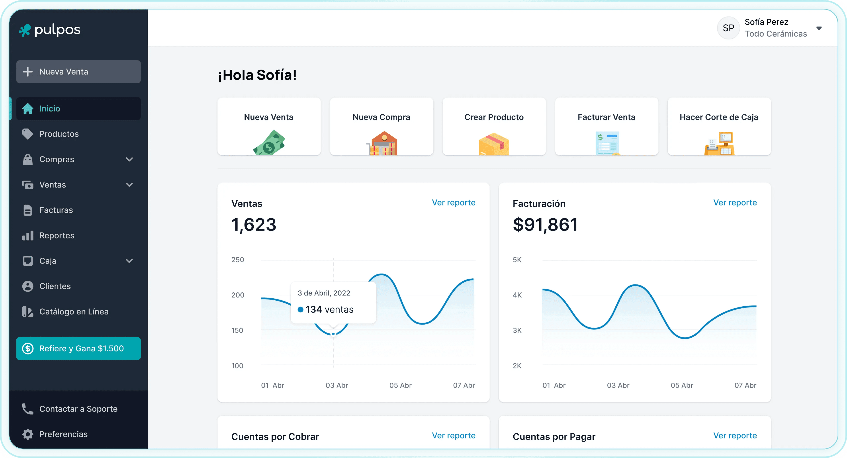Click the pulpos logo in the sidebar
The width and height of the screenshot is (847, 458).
pyautogui.click(x=49, y=30)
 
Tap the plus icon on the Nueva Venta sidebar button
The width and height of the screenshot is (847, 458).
pyautogui.click(x=28, y=72)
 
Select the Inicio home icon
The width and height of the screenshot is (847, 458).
pyautogui.click(x=28, y=108)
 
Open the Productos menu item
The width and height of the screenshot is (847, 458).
pyautogui.click(x=59, y=134)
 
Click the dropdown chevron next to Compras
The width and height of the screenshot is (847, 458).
pyautogui.click(x=129, y=159)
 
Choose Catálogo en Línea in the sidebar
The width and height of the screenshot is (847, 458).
pyautogui.click(x=74, y=312)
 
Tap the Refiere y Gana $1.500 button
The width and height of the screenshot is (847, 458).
pyautogui.click(x=79, y=348)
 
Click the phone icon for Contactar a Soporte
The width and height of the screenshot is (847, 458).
pyautogui.click(x=28, y=409)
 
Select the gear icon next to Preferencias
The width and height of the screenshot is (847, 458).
pyautogui.click(x=28, y=434)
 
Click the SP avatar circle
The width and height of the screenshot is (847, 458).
pyautogui.click(x=728, y=28)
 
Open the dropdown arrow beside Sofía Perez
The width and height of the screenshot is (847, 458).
pyautogui.click(x=819, y=28)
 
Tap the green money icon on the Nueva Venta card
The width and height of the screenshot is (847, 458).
pyautogui.click(x=269, y=143)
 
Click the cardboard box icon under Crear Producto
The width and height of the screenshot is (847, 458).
pyautogui.click(x=494, y=144)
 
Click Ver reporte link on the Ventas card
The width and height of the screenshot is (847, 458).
pyautogui.click(x=453, y=203)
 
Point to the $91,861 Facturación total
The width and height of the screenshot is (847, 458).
pyautogui.click(x=545, y=225)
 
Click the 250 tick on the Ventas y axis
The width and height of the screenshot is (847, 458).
pyautogui.click(x=238, y=260)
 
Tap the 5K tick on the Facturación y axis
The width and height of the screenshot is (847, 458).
pyautogui.click(x=517, y=260)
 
